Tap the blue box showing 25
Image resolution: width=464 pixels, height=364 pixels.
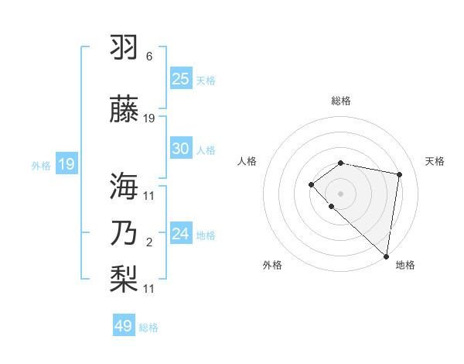tap(181, 78)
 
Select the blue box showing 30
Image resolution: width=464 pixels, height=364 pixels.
tap(181, 149)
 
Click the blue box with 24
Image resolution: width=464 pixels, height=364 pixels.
tap(181, 234)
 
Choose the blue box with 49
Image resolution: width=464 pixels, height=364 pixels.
tap(124, 326)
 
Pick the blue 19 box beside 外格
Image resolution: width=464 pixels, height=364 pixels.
tap(66, 164)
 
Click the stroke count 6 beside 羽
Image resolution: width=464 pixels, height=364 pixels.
tap(149, 57)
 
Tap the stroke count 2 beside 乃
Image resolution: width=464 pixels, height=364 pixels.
tap(149, 243)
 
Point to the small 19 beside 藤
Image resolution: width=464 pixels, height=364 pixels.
tap(149, 118)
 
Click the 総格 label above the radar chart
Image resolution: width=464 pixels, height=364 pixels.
tap(341, 101)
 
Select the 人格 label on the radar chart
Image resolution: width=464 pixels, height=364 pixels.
tap(247, 161)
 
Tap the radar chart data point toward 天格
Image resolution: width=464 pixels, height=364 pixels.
tap(400, 174)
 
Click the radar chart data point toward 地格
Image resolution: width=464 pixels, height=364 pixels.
tap(387, 256)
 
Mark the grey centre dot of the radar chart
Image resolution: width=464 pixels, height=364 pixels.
tap(341, 193)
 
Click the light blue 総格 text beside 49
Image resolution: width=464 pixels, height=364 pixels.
tap(148, 328)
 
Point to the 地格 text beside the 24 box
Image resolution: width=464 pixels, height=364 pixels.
tap(206, 235)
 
